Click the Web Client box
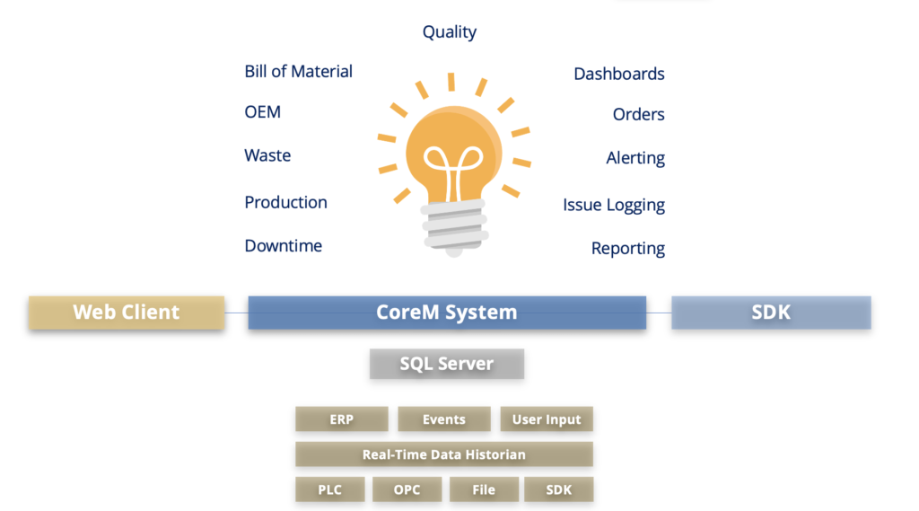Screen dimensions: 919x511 click(x=127, y=313)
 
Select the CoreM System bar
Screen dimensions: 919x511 click(x=447, y=313)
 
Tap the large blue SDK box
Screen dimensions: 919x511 click(x=771, y=313)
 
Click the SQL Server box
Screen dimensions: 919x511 click(x=447, y=364)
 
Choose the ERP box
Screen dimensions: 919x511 click(x=342, y=418)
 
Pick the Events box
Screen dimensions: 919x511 click(x=444, y=418)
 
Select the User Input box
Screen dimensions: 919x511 click(x=547, y=418)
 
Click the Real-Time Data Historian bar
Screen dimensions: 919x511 click(x=444, y=454)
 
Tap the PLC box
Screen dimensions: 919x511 click(x=330, y=489)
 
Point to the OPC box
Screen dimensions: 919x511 click(x=407, y=489)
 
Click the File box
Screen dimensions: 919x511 click(x=484, y=489)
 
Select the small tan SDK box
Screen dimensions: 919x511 click(x=558, y=489)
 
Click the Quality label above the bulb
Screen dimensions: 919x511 click(x=450, y=32)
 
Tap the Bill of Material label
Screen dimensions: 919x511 click(x=298, y=72)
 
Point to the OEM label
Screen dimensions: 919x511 click(x=263, y=112)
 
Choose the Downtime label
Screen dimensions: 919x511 click(x=283, y=246)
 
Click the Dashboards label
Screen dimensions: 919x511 click(x=619, y=74)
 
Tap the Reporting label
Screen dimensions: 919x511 click(x=627, y=249)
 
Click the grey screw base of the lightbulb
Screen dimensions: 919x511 click(x=455, y=227)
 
